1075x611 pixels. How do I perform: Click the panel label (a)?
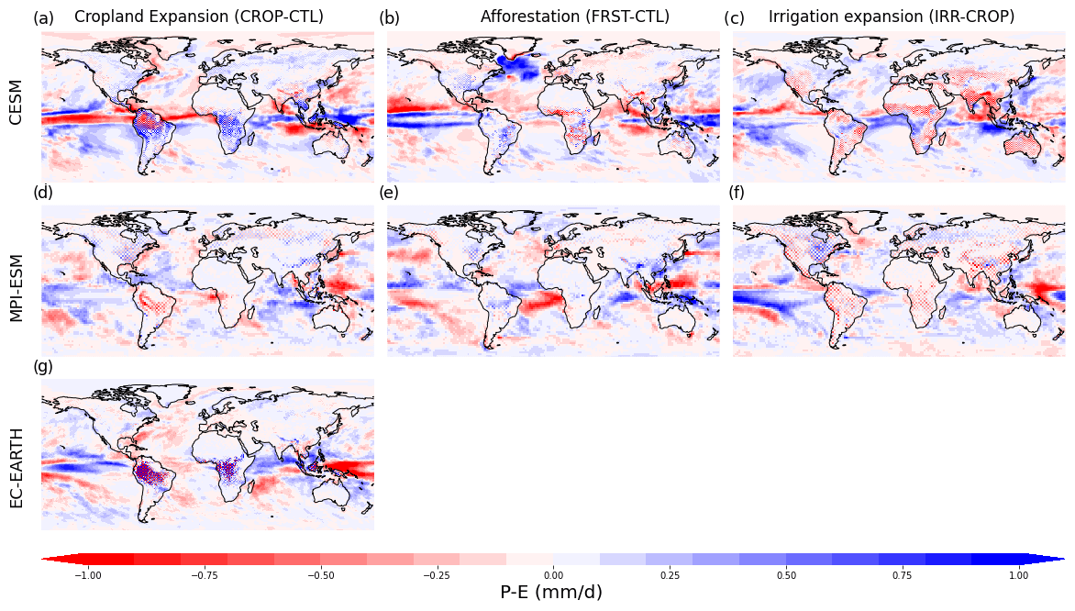(43, 18)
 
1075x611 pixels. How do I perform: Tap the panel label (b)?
(389, 18)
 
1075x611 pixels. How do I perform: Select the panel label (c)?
(734, 18)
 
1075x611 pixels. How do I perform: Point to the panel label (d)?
(43, 193)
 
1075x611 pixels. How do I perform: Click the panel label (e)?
(389, 193)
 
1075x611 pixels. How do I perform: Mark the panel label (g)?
(43, 366)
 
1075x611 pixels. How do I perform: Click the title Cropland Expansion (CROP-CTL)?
(199, 17)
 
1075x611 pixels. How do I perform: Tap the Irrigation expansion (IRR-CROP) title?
(892, 17)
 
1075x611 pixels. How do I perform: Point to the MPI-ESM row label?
(16, 280)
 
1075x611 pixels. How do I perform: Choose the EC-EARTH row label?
(16, 455)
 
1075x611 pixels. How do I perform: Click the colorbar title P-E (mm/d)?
(551, 593)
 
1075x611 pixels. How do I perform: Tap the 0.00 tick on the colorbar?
(553, 575)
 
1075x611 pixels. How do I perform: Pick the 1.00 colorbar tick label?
(1018, 575)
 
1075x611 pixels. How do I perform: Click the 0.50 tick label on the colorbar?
(786, 575)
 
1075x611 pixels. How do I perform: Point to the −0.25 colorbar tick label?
(436, 575)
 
